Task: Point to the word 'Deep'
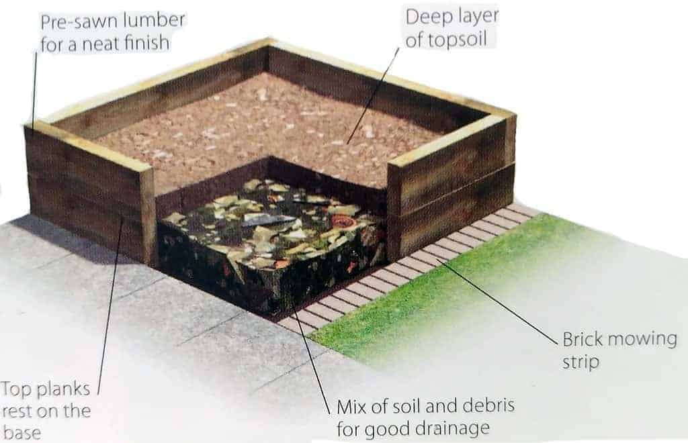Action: (x=424, y=18)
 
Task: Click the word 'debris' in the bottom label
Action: (x=489, y=406)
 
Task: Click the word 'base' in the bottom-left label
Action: (x=22, y=432)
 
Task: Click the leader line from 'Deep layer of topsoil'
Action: (x=374, y=95)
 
